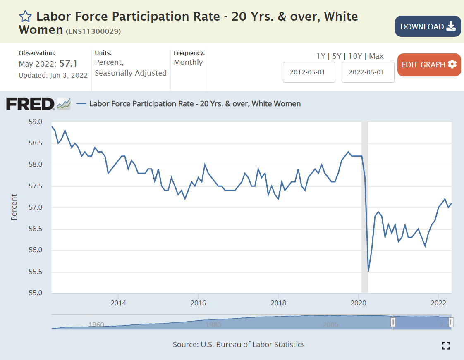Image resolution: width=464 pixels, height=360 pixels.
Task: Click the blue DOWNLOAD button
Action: (428, 26)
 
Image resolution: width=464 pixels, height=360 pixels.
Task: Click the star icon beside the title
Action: (25, 17)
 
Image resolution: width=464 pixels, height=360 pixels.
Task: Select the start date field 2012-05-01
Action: (309, 72)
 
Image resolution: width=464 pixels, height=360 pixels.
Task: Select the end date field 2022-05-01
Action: (368, 72)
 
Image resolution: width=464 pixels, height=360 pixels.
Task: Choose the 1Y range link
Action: (321, 56)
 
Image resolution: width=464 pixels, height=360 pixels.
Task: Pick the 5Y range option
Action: (336, 56)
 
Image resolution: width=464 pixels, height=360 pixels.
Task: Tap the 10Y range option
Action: (354, 56)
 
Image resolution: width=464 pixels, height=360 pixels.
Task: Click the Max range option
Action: (376, 56)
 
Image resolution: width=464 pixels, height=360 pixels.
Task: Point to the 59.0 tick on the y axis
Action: (36, 122)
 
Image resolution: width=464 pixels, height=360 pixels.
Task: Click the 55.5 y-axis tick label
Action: (36, 272)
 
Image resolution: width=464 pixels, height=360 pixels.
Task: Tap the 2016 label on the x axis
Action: (199, 302)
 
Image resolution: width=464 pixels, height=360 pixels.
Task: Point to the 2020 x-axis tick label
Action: (358, 302)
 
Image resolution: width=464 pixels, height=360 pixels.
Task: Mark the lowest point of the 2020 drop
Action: (368, 272)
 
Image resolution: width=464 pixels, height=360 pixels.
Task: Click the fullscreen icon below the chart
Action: (446, 346)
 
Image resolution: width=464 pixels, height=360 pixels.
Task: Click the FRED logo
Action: (30, 104)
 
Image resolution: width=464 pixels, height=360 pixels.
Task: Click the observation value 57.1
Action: (68, 64)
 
